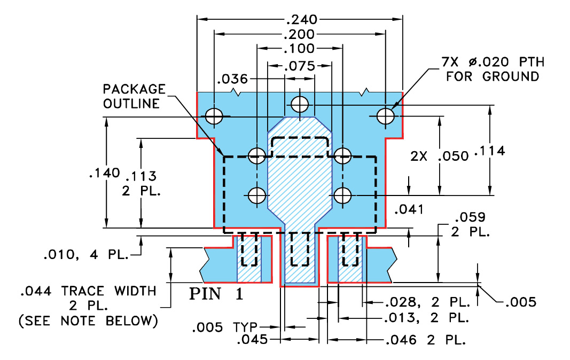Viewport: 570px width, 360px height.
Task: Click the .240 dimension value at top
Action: point(301,20)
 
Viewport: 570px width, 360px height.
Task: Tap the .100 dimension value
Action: point(299,49)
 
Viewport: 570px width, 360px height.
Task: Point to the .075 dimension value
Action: point(299,67)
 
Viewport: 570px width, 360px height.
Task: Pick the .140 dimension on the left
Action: point(99,173)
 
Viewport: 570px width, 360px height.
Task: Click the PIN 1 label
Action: point(216,294)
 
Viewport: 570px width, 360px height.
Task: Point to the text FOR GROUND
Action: point(493,76)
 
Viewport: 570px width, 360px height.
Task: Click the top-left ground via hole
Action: point(214,115)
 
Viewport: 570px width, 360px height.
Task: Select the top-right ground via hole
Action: point(385,115)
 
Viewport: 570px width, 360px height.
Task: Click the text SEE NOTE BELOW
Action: point(88,321)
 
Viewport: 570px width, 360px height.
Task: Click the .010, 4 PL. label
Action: point(86,255)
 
